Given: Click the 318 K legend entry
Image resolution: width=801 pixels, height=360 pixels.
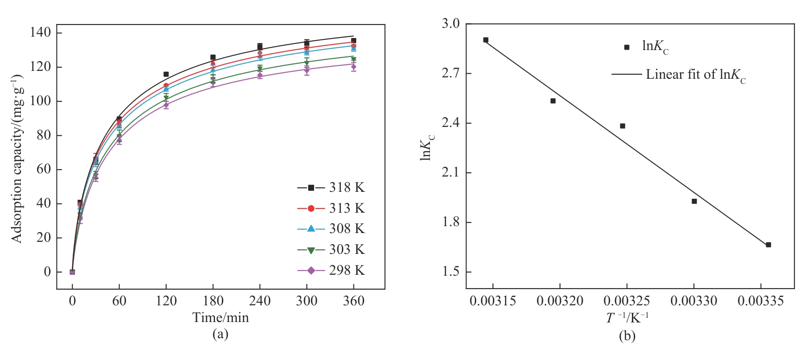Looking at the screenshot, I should (331, 188).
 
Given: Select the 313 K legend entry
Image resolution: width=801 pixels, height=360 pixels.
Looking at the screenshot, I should (331, 208).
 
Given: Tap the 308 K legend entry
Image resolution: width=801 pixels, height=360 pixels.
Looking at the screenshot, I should (331, 229).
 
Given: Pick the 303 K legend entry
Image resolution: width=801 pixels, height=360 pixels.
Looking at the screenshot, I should (331, 250).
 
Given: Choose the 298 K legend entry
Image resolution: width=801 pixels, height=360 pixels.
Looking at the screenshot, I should (331, 270).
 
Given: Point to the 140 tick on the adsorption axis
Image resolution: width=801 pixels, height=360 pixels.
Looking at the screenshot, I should (40, 32).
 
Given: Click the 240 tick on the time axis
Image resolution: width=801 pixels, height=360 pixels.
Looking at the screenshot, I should (259, 301).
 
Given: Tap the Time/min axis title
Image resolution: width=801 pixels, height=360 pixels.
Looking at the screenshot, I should (221, 318).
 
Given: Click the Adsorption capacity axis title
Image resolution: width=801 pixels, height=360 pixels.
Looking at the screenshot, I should (17, 158).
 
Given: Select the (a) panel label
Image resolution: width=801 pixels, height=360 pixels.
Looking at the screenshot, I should (220, 334).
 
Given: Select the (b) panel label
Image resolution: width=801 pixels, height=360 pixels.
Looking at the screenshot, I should (627, 336).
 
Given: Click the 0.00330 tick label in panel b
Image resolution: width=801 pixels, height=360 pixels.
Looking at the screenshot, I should (694, 301).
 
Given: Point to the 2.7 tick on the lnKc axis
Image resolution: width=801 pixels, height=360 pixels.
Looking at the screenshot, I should (450, 73).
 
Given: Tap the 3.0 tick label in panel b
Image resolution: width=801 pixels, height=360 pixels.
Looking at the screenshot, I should (450, 24).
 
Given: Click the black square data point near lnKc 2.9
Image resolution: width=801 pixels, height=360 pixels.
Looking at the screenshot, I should (486, 40).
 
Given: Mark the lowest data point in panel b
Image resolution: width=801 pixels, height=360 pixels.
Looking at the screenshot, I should (768, 245).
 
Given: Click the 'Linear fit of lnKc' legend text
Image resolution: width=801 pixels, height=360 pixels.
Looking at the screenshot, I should (696, 75).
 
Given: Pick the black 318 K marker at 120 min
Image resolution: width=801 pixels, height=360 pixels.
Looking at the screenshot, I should (166, 74).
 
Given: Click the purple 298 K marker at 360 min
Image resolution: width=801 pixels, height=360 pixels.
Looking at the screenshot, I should (353, 67).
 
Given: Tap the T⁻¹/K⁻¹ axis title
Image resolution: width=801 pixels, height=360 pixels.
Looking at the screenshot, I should (627, 318).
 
